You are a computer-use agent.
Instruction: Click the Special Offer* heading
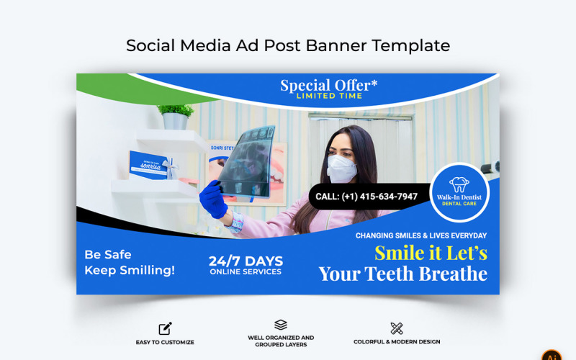[328, 86]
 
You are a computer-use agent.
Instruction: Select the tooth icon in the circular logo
[459, 184]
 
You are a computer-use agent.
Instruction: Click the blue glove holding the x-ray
[213, 199]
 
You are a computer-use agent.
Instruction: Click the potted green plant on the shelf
[175, 116]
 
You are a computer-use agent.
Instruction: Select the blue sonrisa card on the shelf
[149, 165]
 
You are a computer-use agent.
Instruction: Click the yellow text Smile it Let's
[431, 253]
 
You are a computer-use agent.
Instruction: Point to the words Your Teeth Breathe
[402, 274]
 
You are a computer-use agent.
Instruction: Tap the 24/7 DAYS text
[246, 261]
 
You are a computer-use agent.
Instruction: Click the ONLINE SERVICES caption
[246, 272]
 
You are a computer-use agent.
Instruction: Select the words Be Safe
[108, 254]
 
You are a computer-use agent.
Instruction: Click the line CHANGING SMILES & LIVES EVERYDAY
[421, 235]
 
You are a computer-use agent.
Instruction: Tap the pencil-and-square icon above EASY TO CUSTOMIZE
[165, 328]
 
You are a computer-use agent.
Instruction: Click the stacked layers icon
[281, 325]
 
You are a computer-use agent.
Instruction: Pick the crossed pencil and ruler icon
[397, 328]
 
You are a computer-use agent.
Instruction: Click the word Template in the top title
[411, 45]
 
